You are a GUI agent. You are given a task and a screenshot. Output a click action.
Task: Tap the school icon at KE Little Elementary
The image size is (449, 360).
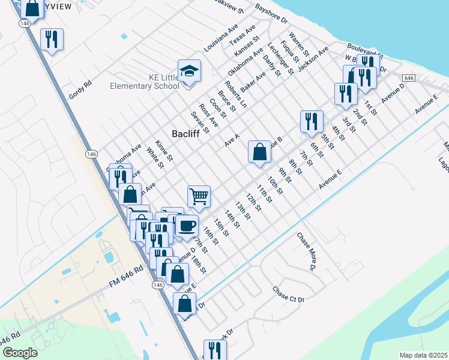189,71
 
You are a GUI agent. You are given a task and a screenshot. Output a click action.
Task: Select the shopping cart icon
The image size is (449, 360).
199,196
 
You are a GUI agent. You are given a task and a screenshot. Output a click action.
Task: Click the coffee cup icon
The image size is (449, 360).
186,226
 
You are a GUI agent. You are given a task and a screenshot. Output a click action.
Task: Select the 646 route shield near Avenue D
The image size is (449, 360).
408,79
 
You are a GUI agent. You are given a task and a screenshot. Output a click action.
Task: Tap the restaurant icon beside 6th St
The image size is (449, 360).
312,121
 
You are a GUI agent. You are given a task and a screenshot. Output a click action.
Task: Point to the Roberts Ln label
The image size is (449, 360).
235,94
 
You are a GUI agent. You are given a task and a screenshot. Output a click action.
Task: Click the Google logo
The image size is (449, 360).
19,353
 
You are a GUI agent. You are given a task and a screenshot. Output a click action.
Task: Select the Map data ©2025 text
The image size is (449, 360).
423,355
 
